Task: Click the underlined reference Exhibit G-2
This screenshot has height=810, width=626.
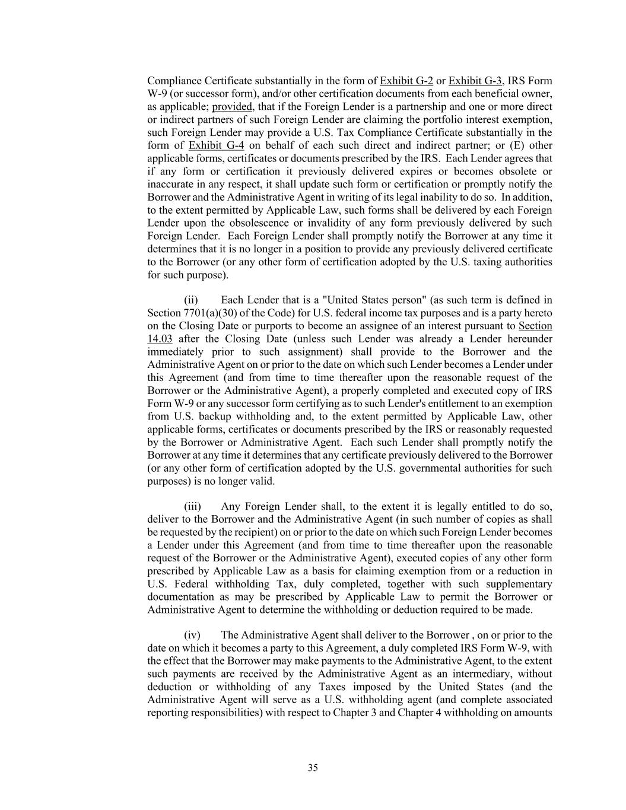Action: click(406, 81)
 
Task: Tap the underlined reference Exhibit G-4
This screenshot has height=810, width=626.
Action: click(216, 145)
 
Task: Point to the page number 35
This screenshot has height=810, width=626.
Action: click(313, 768)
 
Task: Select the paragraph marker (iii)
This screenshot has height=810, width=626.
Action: click(192, 507)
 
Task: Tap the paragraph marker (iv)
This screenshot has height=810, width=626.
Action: click(192, 636)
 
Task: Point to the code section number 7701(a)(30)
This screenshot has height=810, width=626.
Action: click(203, 313)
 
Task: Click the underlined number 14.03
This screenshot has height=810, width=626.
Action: click(160, 339)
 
